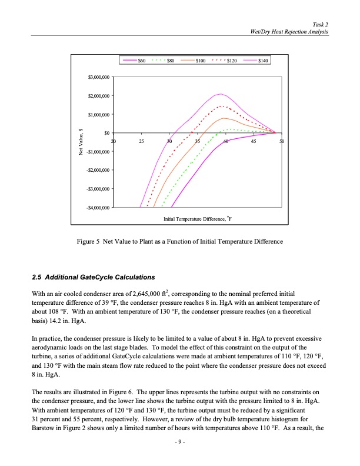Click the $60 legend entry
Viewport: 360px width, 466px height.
coord(135,61)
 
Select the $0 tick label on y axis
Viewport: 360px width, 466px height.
coord(106,133)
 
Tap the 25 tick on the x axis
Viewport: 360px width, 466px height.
coord(141,141)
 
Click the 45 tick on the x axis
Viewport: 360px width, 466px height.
coord(254,141)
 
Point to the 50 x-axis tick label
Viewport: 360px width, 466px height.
coord(282,141)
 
